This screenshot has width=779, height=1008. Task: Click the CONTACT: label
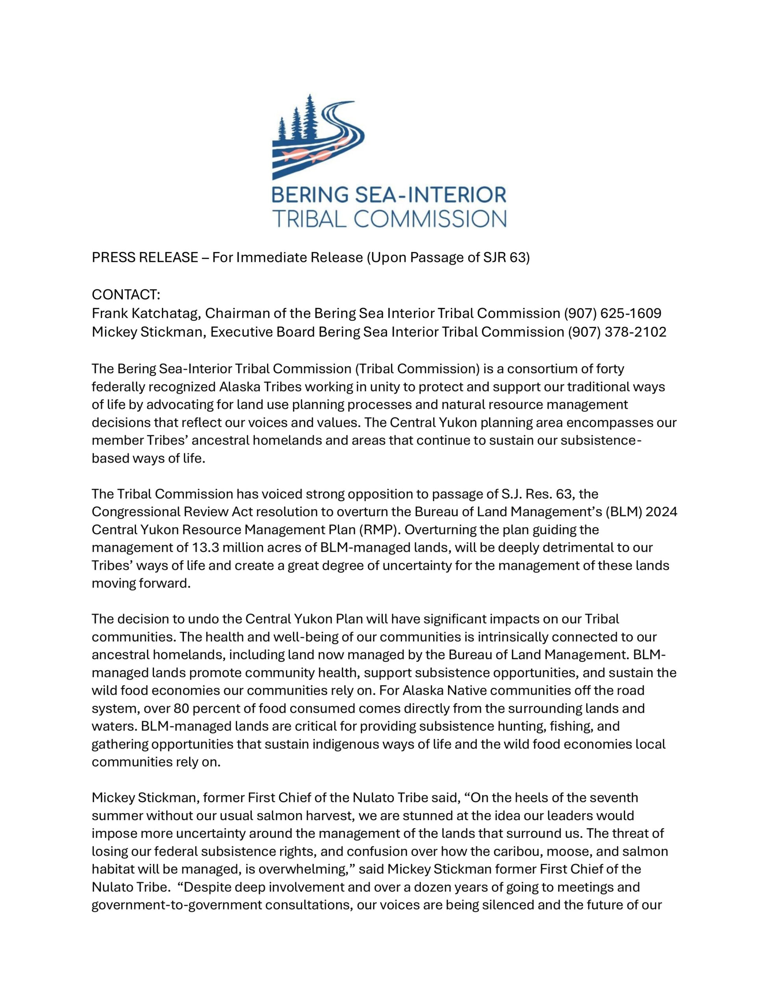pyautogui.click(x=126, y=295)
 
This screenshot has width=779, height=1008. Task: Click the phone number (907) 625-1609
pyautogui.click(x=612, y=313)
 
